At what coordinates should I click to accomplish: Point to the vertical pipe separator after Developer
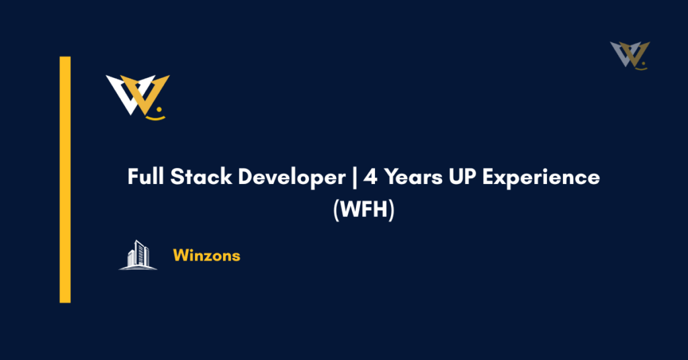(354, 178)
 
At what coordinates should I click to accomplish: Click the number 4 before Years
(371, 178)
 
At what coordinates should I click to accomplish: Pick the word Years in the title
(410, 178)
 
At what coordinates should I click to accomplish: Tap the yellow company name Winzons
(206, 255)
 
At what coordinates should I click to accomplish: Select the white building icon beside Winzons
(138, 255)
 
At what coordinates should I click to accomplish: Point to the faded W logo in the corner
(630, 54)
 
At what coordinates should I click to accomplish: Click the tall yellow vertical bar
(65, 179)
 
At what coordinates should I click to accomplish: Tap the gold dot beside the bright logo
(160, 107)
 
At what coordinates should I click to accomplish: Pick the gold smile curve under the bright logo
(155, 116)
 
